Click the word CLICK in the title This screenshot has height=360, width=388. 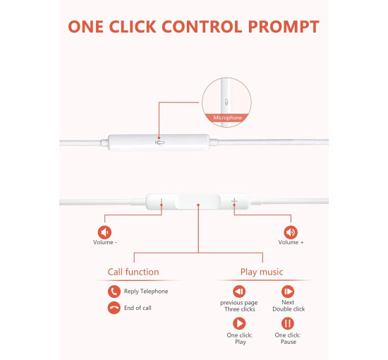pos(133,27)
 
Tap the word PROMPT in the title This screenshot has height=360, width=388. pos(284,27)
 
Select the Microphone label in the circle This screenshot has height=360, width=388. pos(228,118)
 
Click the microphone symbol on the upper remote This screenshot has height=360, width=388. pos(160,143)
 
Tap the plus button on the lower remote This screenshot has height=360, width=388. pos(234,201)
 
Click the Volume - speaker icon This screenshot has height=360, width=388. pos(104,232)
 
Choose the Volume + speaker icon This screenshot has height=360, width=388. pos(291,232)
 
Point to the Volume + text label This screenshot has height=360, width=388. pos(291,242)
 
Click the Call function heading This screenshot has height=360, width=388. pos(133,272)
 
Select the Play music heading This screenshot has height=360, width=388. pos(262,272)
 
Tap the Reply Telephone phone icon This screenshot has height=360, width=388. pos(114,292)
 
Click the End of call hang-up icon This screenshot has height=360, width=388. pos(114,308)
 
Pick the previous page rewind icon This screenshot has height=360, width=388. pos(239,292)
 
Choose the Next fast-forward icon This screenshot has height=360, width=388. pos(288,292)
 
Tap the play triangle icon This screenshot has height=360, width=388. pos(239,323)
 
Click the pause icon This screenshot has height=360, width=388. pos(288,323)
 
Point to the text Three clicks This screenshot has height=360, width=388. pos(240,309)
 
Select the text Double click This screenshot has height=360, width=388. pos(289,309)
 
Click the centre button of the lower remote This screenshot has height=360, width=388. pos(198,202)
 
